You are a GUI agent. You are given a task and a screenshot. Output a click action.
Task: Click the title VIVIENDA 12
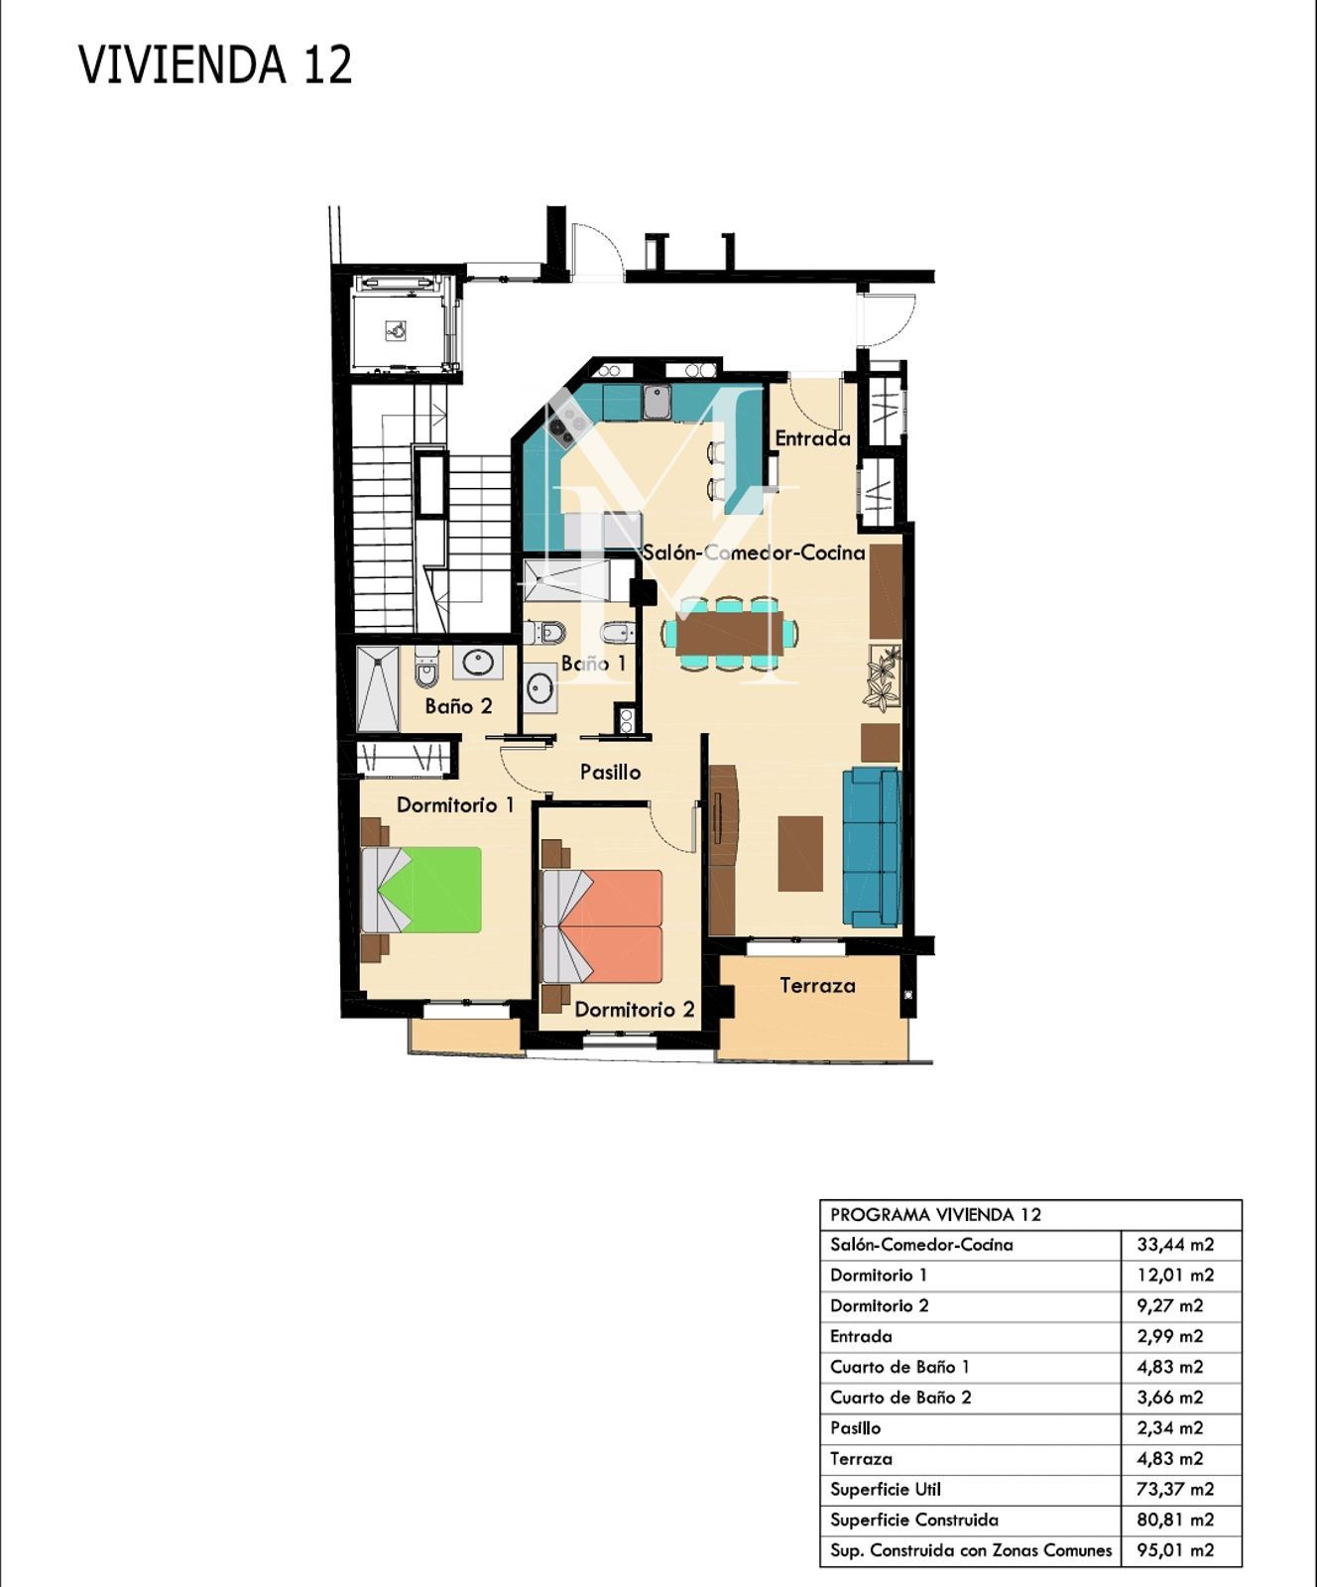point(215,65)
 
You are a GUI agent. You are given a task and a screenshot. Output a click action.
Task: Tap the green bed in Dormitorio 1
point(421,890)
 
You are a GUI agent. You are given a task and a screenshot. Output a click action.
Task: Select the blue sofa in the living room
point(872,846)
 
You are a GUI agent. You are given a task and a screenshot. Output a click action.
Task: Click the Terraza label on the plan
point(817,986)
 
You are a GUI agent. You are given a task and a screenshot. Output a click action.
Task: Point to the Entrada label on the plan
point(812,438)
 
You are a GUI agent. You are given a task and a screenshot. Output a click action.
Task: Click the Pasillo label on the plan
point(610,772)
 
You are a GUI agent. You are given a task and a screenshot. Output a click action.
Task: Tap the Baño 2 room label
point(458,706)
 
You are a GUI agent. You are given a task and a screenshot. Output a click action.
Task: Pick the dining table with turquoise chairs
point(730,633)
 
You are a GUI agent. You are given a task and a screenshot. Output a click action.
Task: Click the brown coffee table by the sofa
point(800,853)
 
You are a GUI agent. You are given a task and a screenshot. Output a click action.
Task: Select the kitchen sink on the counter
point(657,402)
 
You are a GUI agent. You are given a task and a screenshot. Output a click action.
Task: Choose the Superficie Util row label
point(886,1489)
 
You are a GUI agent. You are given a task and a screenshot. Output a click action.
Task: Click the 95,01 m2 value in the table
point(1175,1550)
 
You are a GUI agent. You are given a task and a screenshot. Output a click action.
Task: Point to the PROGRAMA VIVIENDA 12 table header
point(935,1215)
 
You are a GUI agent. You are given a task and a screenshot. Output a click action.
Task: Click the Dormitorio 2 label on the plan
point(635,1011)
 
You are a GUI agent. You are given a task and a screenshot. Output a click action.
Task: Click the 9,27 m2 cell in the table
point(1170,1306)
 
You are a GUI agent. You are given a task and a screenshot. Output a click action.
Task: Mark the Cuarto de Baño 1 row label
point(899,1367)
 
